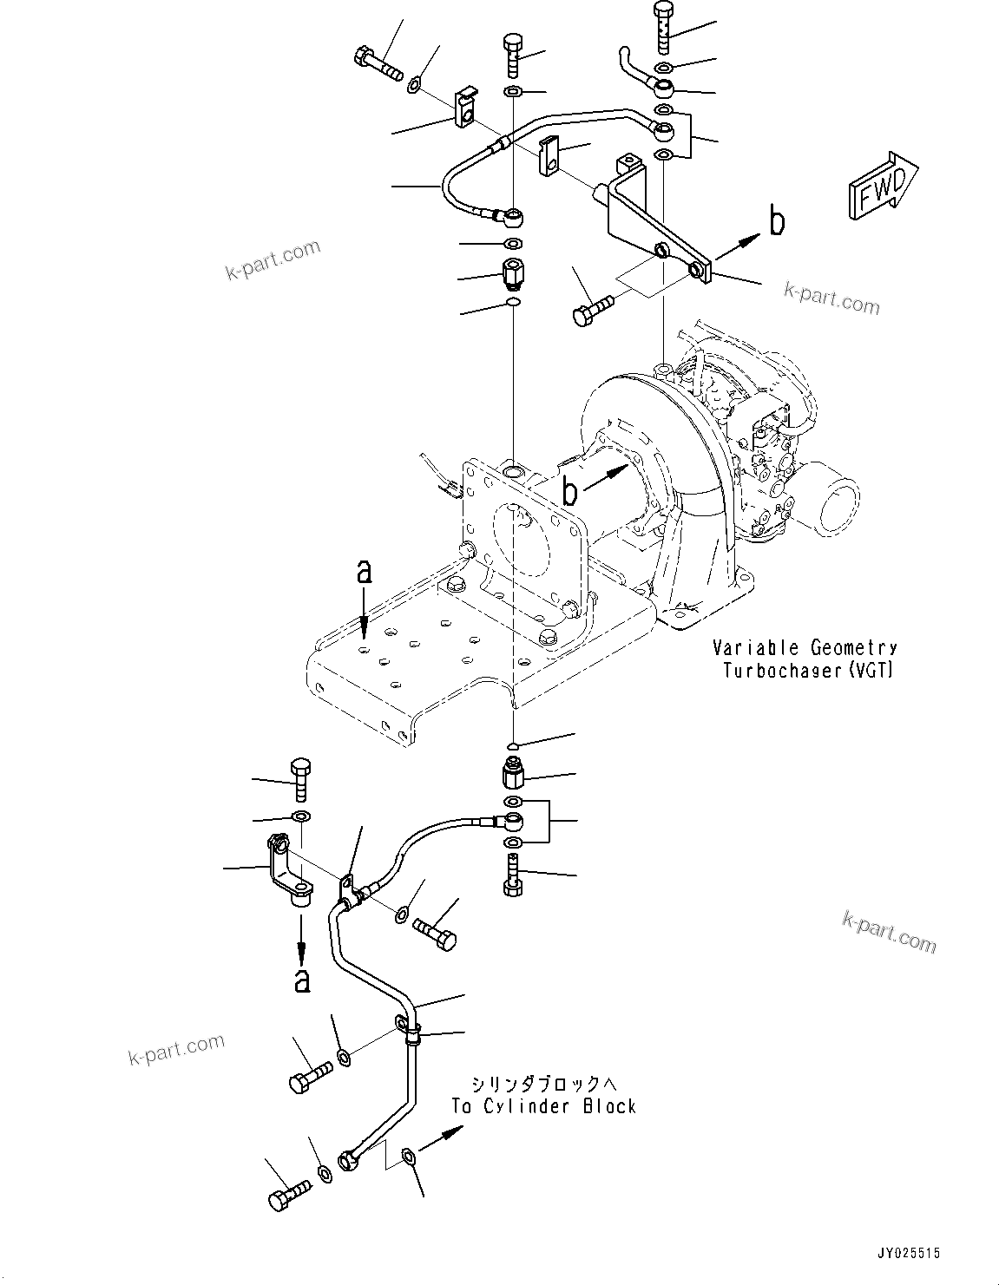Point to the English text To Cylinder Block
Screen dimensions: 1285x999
(x=543, y=1106)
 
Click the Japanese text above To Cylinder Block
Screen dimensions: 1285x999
(x=542, y=1084)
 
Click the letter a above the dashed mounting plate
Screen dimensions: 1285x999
(x=364, y=572)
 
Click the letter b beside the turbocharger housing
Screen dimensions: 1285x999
(x=570, y=491)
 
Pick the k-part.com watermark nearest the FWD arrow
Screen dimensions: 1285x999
(x=831, y=298)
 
